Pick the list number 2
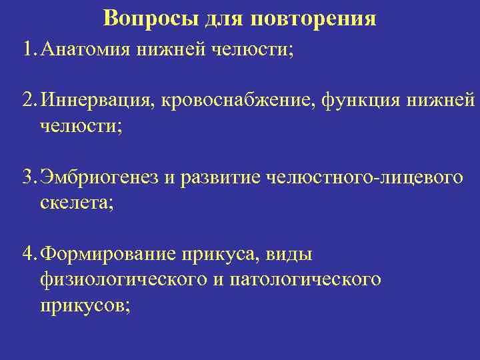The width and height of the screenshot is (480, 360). coord(28,101)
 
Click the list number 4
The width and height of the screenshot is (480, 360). coord(28,253)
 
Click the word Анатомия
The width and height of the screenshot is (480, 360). coord(83,49)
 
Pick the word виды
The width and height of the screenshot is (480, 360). coord(289,254)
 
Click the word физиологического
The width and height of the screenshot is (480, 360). coord(122,279)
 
